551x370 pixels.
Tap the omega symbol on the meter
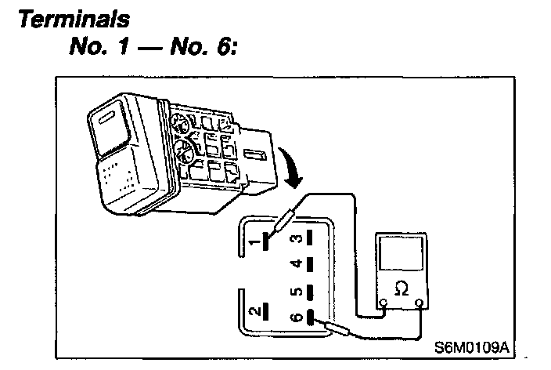pyautogui.click(x=402, y=289)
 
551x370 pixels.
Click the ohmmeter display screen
pyautogui.click(x=402, y=255)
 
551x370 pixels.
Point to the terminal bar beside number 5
pyautogui.click(x=312, y=292)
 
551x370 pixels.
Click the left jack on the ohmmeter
pyautogui.click(x=384, y=303)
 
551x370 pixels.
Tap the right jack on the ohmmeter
pyautogui.click(x=420, y=303)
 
